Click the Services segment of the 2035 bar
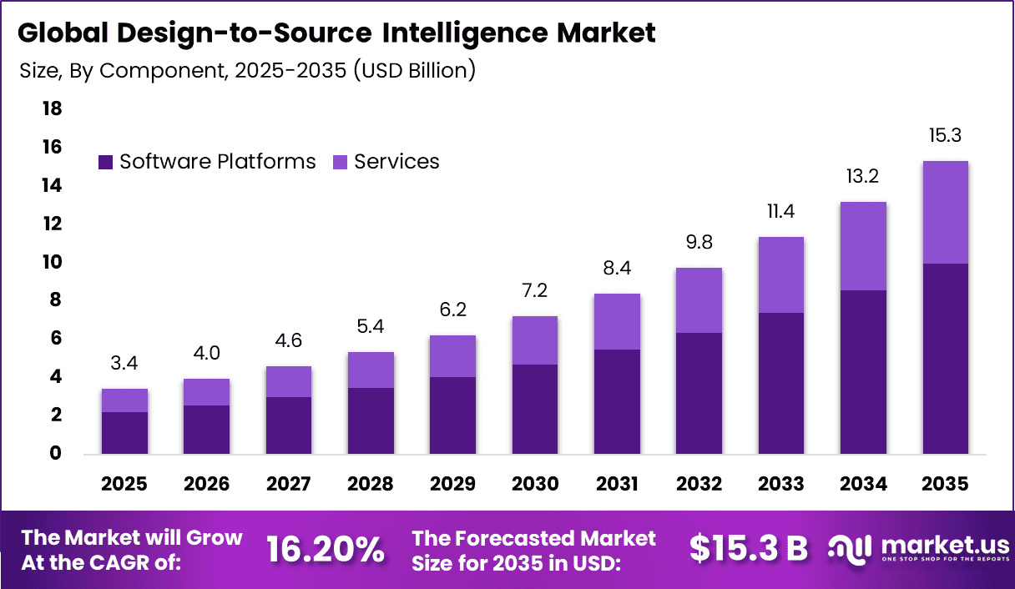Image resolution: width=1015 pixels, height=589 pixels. (945, 212)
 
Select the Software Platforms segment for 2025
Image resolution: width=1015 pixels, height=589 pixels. (124, 433)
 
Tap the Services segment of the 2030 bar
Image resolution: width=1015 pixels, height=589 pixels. (535, 340)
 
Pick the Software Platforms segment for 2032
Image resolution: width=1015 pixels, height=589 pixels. (699, 393)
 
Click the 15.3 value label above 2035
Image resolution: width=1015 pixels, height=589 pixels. (945, 135)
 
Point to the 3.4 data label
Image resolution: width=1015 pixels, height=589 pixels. (124, 363)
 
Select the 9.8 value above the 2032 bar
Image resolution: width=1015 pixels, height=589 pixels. (699, 243)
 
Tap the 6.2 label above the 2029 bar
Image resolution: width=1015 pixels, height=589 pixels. (452, 310)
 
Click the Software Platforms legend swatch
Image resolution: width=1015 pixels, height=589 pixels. (105, 162)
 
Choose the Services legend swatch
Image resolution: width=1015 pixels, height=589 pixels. (340, 162)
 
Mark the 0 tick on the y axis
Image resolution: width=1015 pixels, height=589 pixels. (55, 454)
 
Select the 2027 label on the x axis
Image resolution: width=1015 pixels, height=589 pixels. (289, 484)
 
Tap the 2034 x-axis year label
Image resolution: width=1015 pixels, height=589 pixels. (863, 484)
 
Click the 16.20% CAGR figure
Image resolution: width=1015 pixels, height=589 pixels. (326, 549)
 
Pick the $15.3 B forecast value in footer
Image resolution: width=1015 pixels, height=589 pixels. (749, 549)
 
